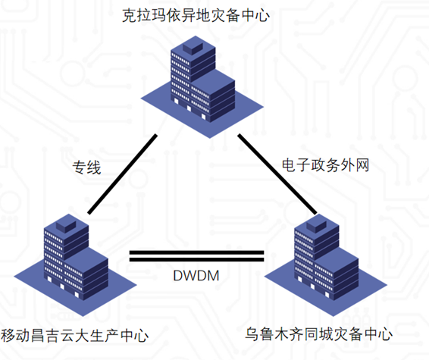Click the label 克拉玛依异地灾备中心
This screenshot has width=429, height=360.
(x=196, y=15)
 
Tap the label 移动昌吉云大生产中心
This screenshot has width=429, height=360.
(x=74, y=335)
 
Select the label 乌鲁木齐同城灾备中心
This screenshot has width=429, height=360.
(x=319, y=334)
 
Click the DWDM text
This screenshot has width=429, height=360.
(x=196, y=275)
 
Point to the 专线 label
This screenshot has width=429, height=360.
(x=86, y=167)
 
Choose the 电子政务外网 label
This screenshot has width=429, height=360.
(x=326, y=165)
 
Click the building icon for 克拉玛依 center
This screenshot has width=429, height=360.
(x=202, y=86)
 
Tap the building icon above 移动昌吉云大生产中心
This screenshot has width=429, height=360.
(x=75, y=265)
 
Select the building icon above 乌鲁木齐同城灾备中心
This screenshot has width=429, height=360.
(x=326, y=265)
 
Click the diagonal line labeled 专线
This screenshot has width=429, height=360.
(x=122, y=174)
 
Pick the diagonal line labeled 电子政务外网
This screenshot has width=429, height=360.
(x=277, y=174)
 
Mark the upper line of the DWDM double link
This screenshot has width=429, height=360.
(x=196, y=252)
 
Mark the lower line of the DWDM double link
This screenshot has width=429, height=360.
(x=196, y=259)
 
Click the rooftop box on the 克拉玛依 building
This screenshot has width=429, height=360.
(x=193, y=46)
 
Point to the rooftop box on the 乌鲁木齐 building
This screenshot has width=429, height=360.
(x=316, y=224)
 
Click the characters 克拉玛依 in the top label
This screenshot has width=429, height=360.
(x=152, y=15)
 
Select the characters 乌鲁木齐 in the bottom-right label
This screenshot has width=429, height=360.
(x=274, y=334)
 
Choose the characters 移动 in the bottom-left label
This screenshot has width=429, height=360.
(x=15, y=335)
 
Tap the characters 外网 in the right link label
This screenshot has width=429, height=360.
(x=355, y=165)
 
